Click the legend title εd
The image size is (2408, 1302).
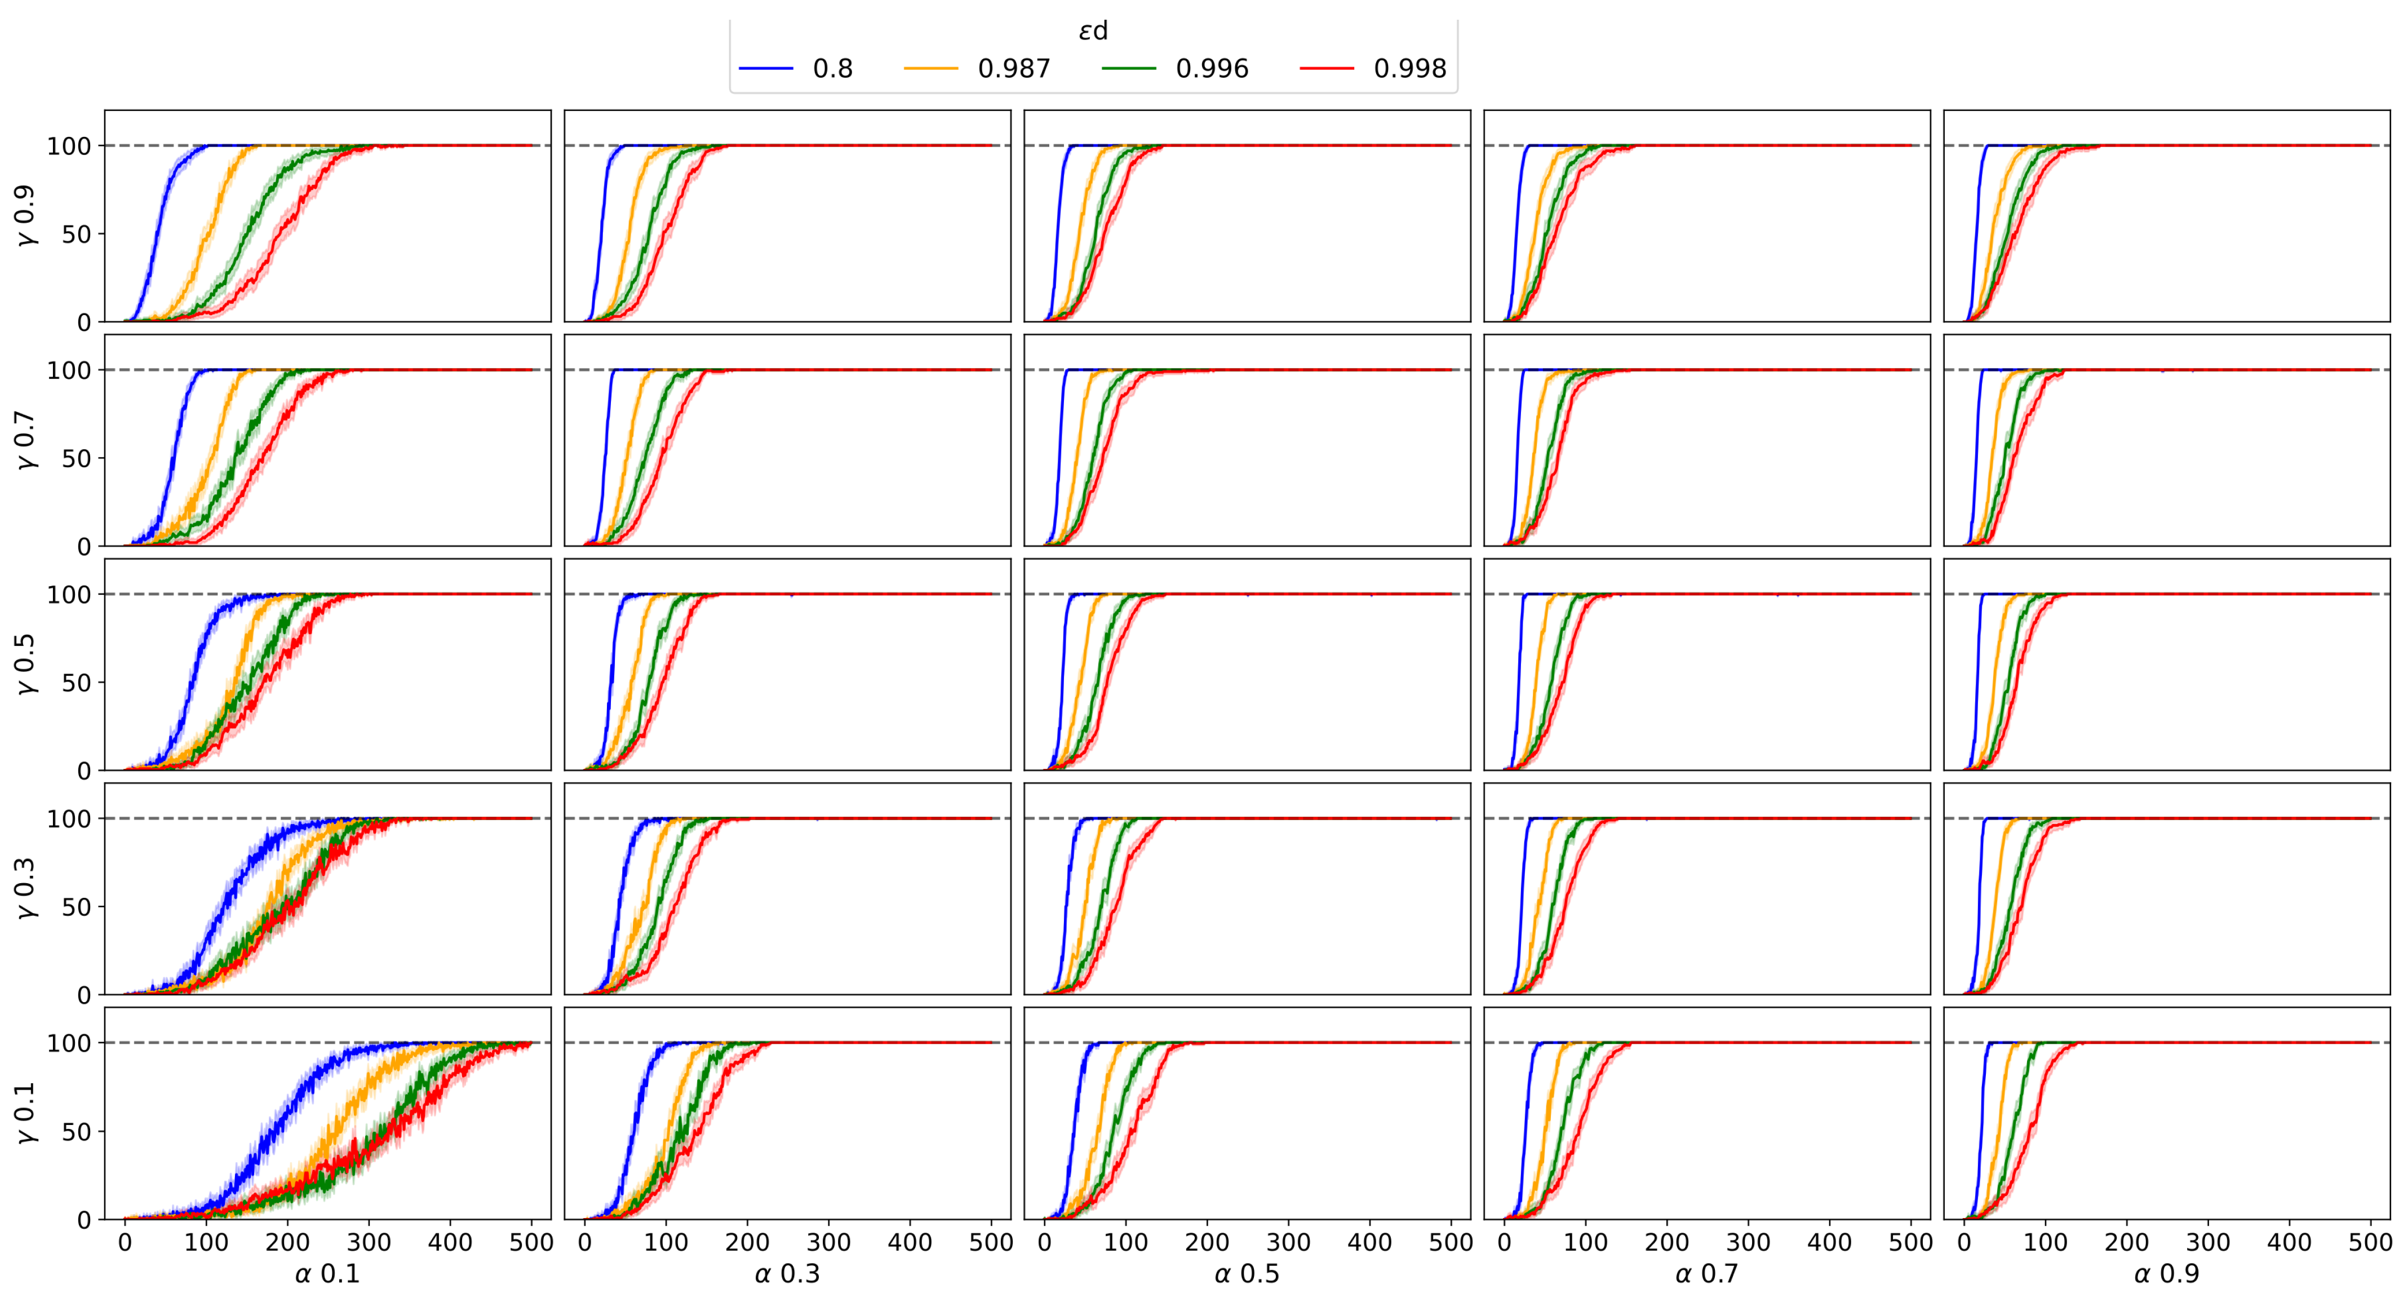(1093, 31)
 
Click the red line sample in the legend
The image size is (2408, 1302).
(1327, 68)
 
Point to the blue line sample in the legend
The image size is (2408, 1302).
(766, 68)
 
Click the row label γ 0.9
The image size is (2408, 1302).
(25, 216)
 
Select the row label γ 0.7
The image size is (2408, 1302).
(25, 440)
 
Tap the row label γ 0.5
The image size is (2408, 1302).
(25, 665)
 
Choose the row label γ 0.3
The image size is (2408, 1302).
(25, 889)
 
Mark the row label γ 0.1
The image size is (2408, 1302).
(25, 1113)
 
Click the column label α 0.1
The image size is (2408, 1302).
(327, 1274)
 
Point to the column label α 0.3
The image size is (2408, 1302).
(787, 1274)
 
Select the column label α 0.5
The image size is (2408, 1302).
(1247, 1274)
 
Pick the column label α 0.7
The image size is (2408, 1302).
(1707, 1274)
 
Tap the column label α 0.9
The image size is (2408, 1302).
(2167, 1274)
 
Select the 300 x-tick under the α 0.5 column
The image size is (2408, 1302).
(1288, 1242)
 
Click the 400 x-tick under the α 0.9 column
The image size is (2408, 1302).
(2289, 1242)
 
